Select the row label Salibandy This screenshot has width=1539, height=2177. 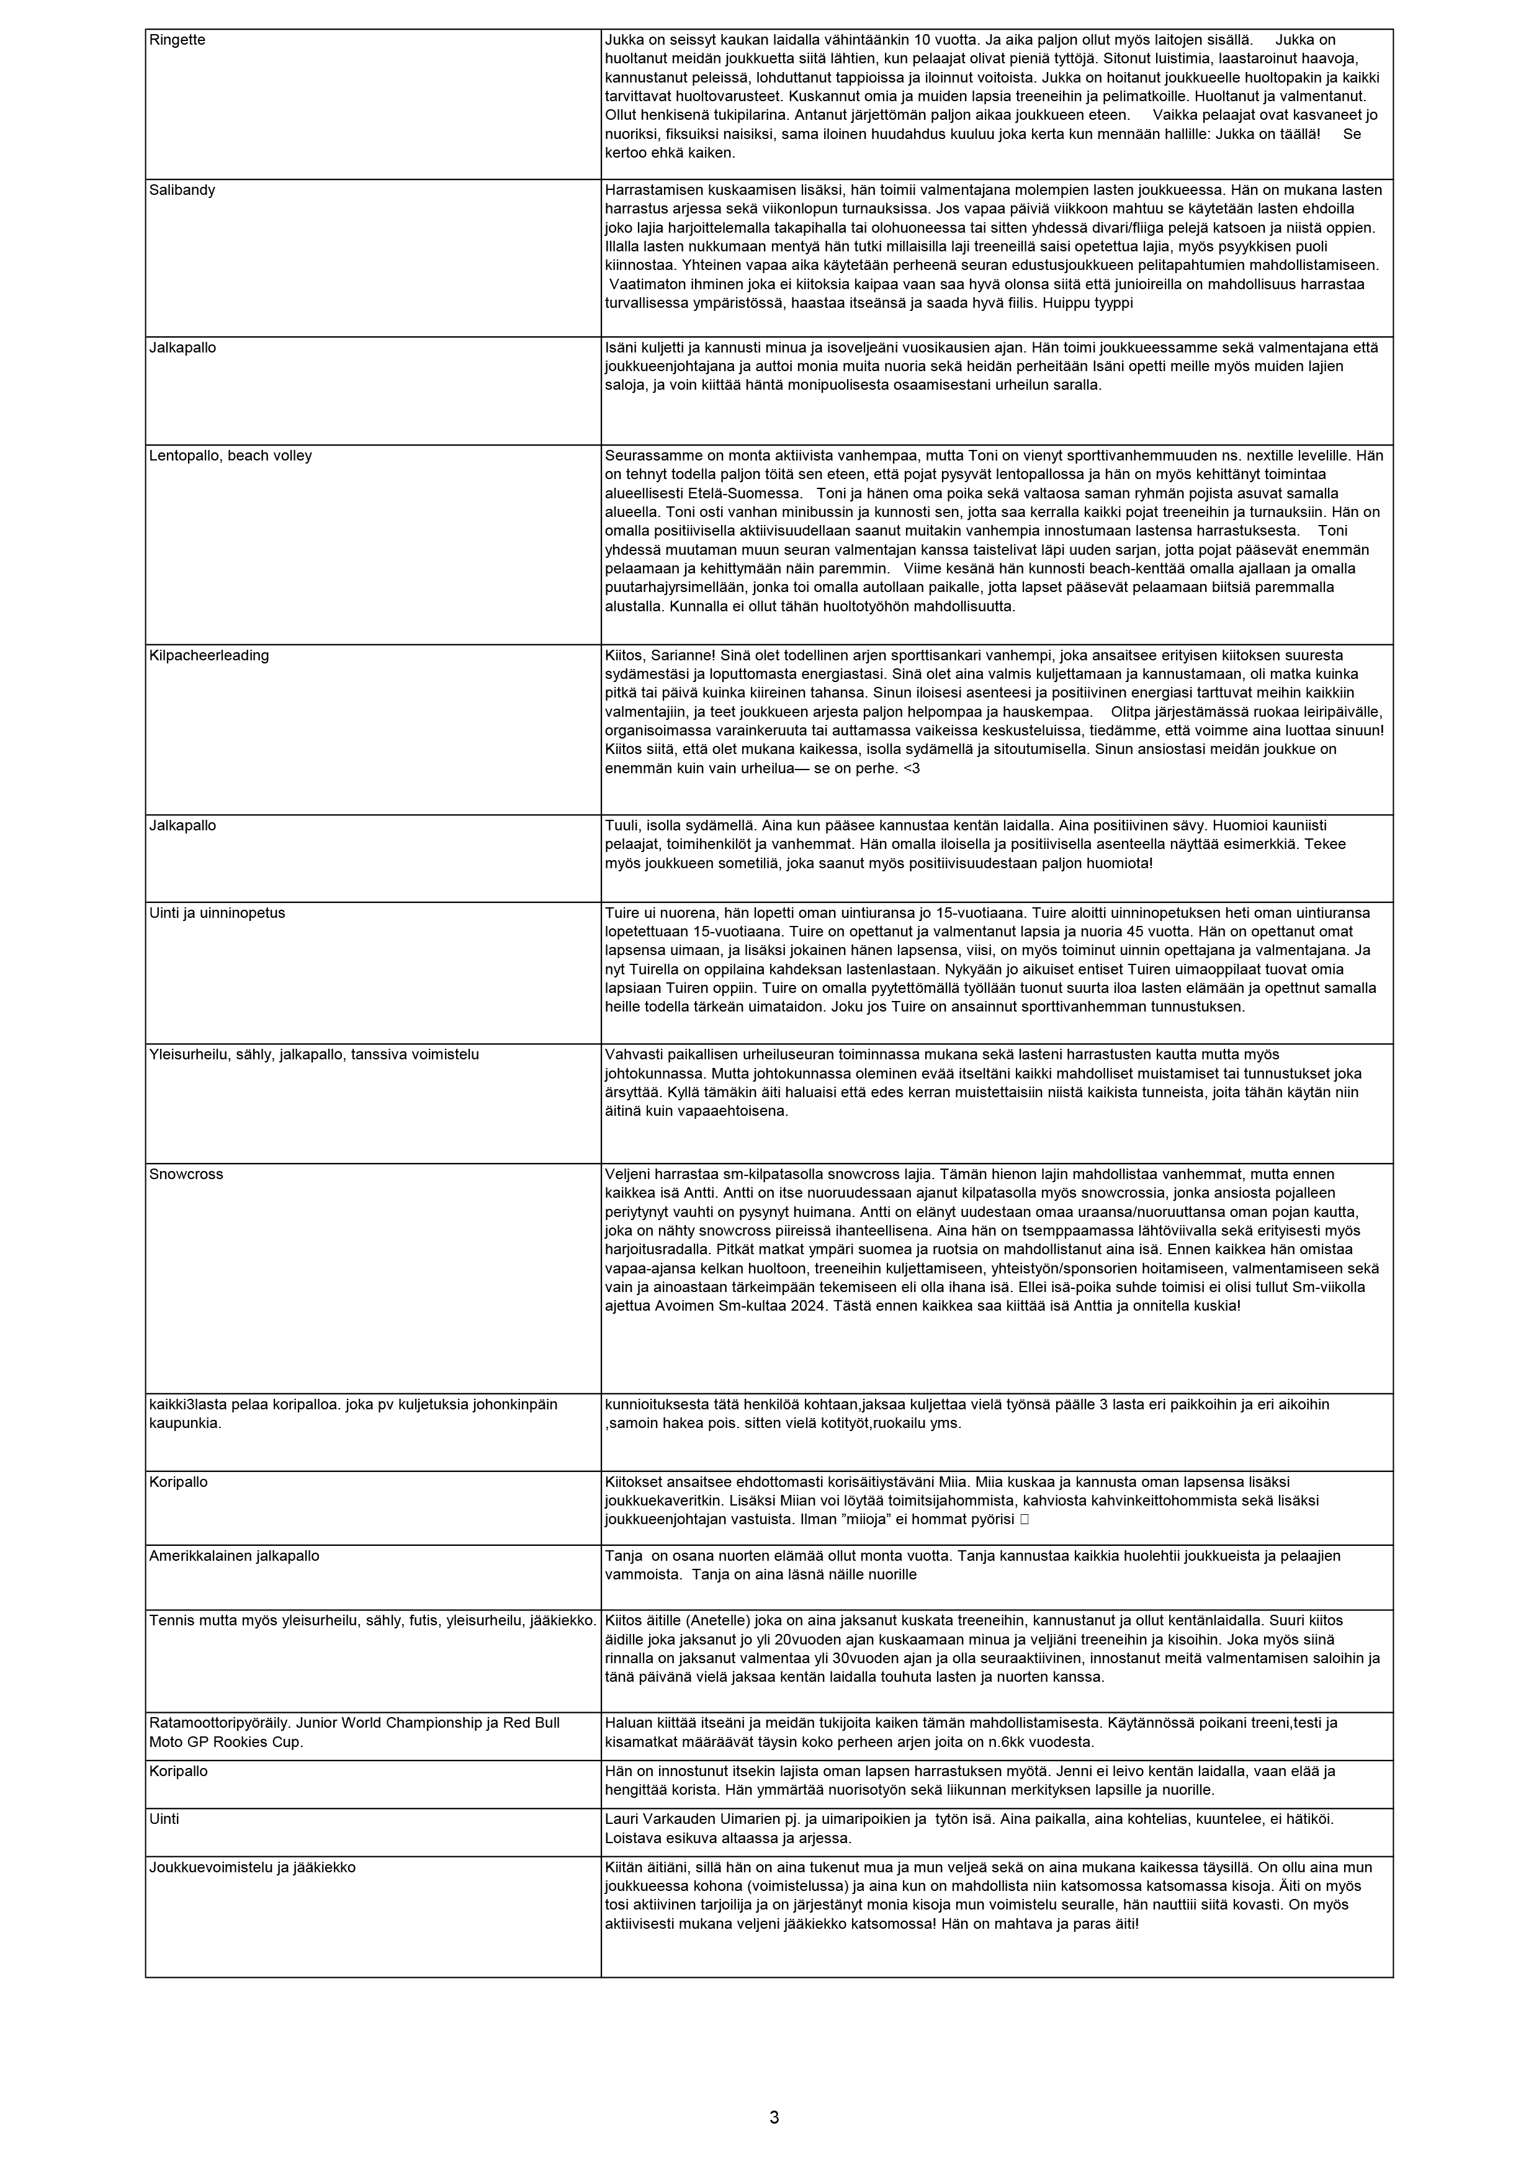pos(182,190)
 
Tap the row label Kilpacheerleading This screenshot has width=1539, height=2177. pos(209,655)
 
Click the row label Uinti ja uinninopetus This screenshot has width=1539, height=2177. pos(217,913)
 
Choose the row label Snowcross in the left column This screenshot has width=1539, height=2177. pos(186,1174)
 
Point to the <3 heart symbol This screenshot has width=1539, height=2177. pos(911,768)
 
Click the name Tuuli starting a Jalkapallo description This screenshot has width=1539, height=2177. pos(622,826)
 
